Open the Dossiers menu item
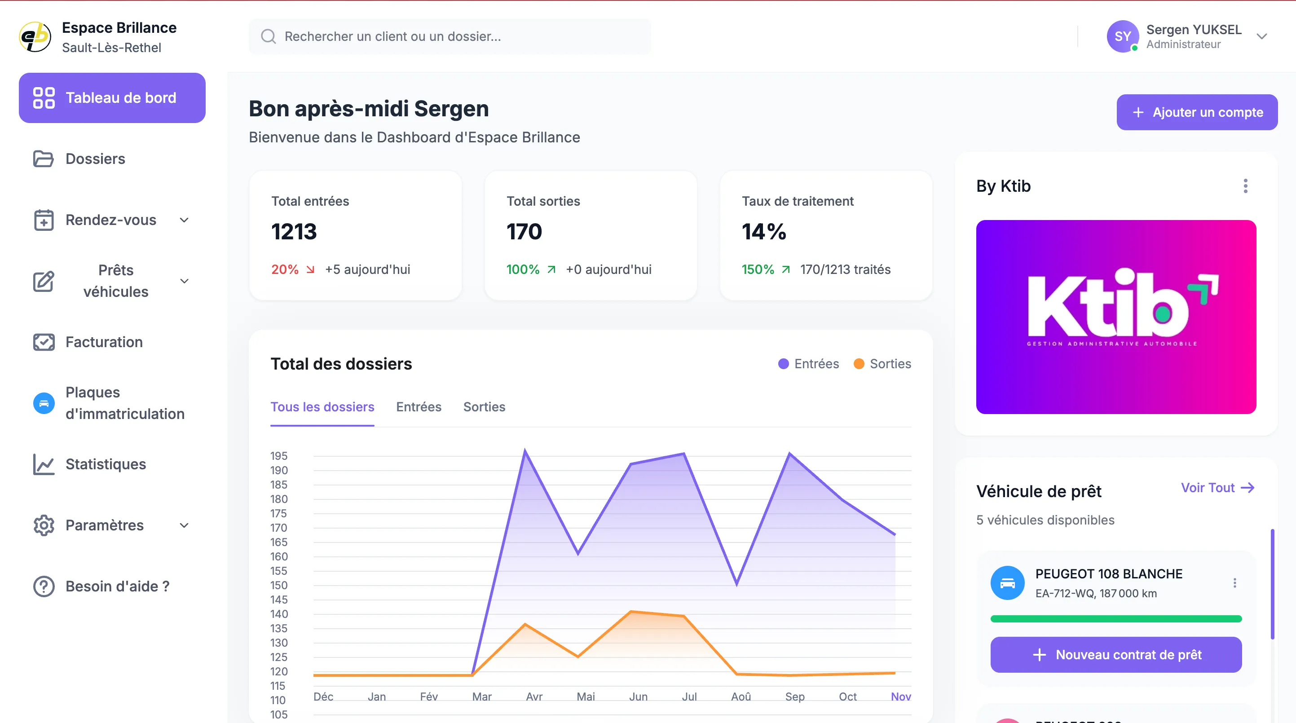point(95,159)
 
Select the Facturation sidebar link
point(104,342)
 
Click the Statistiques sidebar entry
point(105,464)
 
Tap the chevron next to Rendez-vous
point(184,220)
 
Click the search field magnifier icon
point(268,36)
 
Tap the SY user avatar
point(1122,36)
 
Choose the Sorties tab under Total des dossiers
point(484,406)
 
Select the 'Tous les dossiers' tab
point(322,406)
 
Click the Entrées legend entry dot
point(783,364)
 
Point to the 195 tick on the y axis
point(279,456)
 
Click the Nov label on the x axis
point(900,697)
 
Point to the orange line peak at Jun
point(631,611)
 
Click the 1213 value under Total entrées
point(294,231)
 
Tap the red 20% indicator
point(285,270)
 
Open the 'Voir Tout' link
point(1217,488)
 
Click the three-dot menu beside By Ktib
point(1245,186)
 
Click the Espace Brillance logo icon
point(35,37)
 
